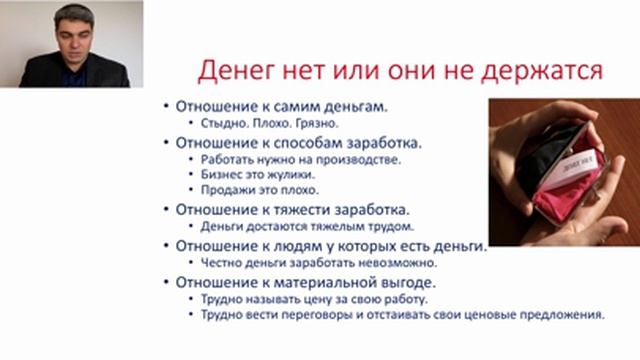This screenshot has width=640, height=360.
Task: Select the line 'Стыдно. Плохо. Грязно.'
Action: (263, 125)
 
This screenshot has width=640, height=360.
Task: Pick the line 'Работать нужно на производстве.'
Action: (291, 158)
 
